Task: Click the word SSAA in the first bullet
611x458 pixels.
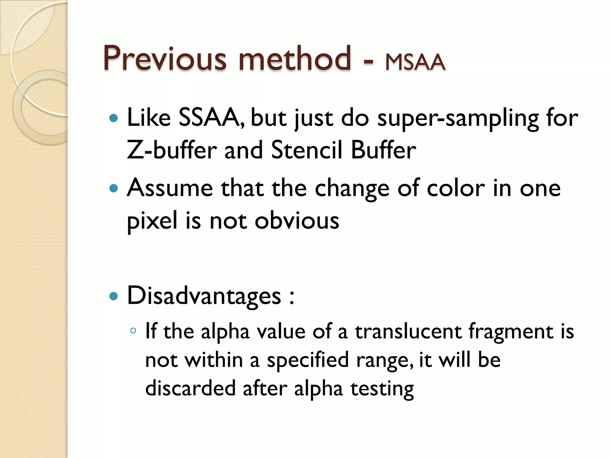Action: pos(212,117)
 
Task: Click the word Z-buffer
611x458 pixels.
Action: pos(172,150)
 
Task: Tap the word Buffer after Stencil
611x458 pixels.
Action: pos(383,150)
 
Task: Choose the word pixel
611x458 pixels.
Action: pos(152,221)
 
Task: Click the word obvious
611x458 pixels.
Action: pos(297,221)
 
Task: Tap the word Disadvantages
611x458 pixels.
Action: pos(204,296)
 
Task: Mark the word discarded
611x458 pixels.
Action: pos(190,388)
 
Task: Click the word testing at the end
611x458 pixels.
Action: pos(382,389)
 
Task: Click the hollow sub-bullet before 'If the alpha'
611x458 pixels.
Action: pos(133,330)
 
